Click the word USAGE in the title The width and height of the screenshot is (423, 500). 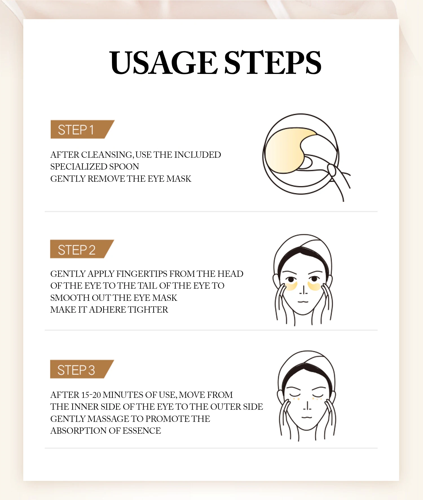point(163,63)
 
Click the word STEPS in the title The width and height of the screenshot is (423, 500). point(273,63)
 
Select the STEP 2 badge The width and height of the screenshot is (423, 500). point(82,249)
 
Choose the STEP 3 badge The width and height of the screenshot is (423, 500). point(82,369)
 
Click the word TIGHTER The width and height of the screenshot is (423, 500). point(148,310)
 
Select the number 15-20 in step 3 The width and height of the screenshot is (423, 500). point(91,395)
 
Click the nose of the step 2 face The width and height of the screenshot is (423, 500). point(303,290)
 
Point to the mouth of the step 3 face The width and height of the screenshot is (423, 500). point(307,417)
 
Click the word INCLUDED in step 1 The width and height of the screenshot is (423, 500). point(198,155)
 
